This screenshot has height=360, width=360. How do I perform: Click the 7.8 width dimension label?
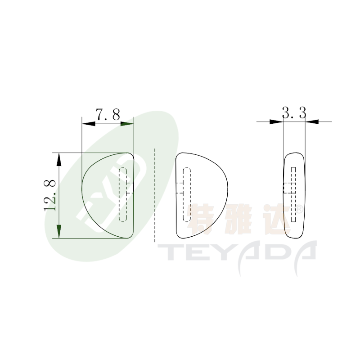108,114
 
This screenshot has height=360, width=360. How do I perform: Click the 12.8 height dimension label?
50,195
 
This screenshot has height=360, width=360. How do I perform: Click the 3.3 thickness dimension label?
294,113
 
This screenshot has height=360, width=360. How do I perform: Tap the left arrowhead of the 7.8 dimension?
88,124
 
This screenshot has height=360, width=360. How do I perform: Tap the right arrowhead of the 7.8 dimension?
127,124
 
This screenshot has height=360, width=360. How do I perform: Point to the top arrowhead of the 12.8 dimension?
59,159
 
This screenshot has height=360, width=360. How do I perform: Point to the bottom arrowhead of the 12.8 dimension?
59,231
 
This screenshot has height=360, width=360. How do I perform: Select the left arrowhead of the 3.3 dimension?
276,121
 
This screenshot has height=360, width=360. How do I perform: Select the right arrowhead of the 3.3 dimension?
312,121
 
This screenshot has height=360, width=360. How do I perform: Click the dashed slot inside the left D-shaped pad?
123,194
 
